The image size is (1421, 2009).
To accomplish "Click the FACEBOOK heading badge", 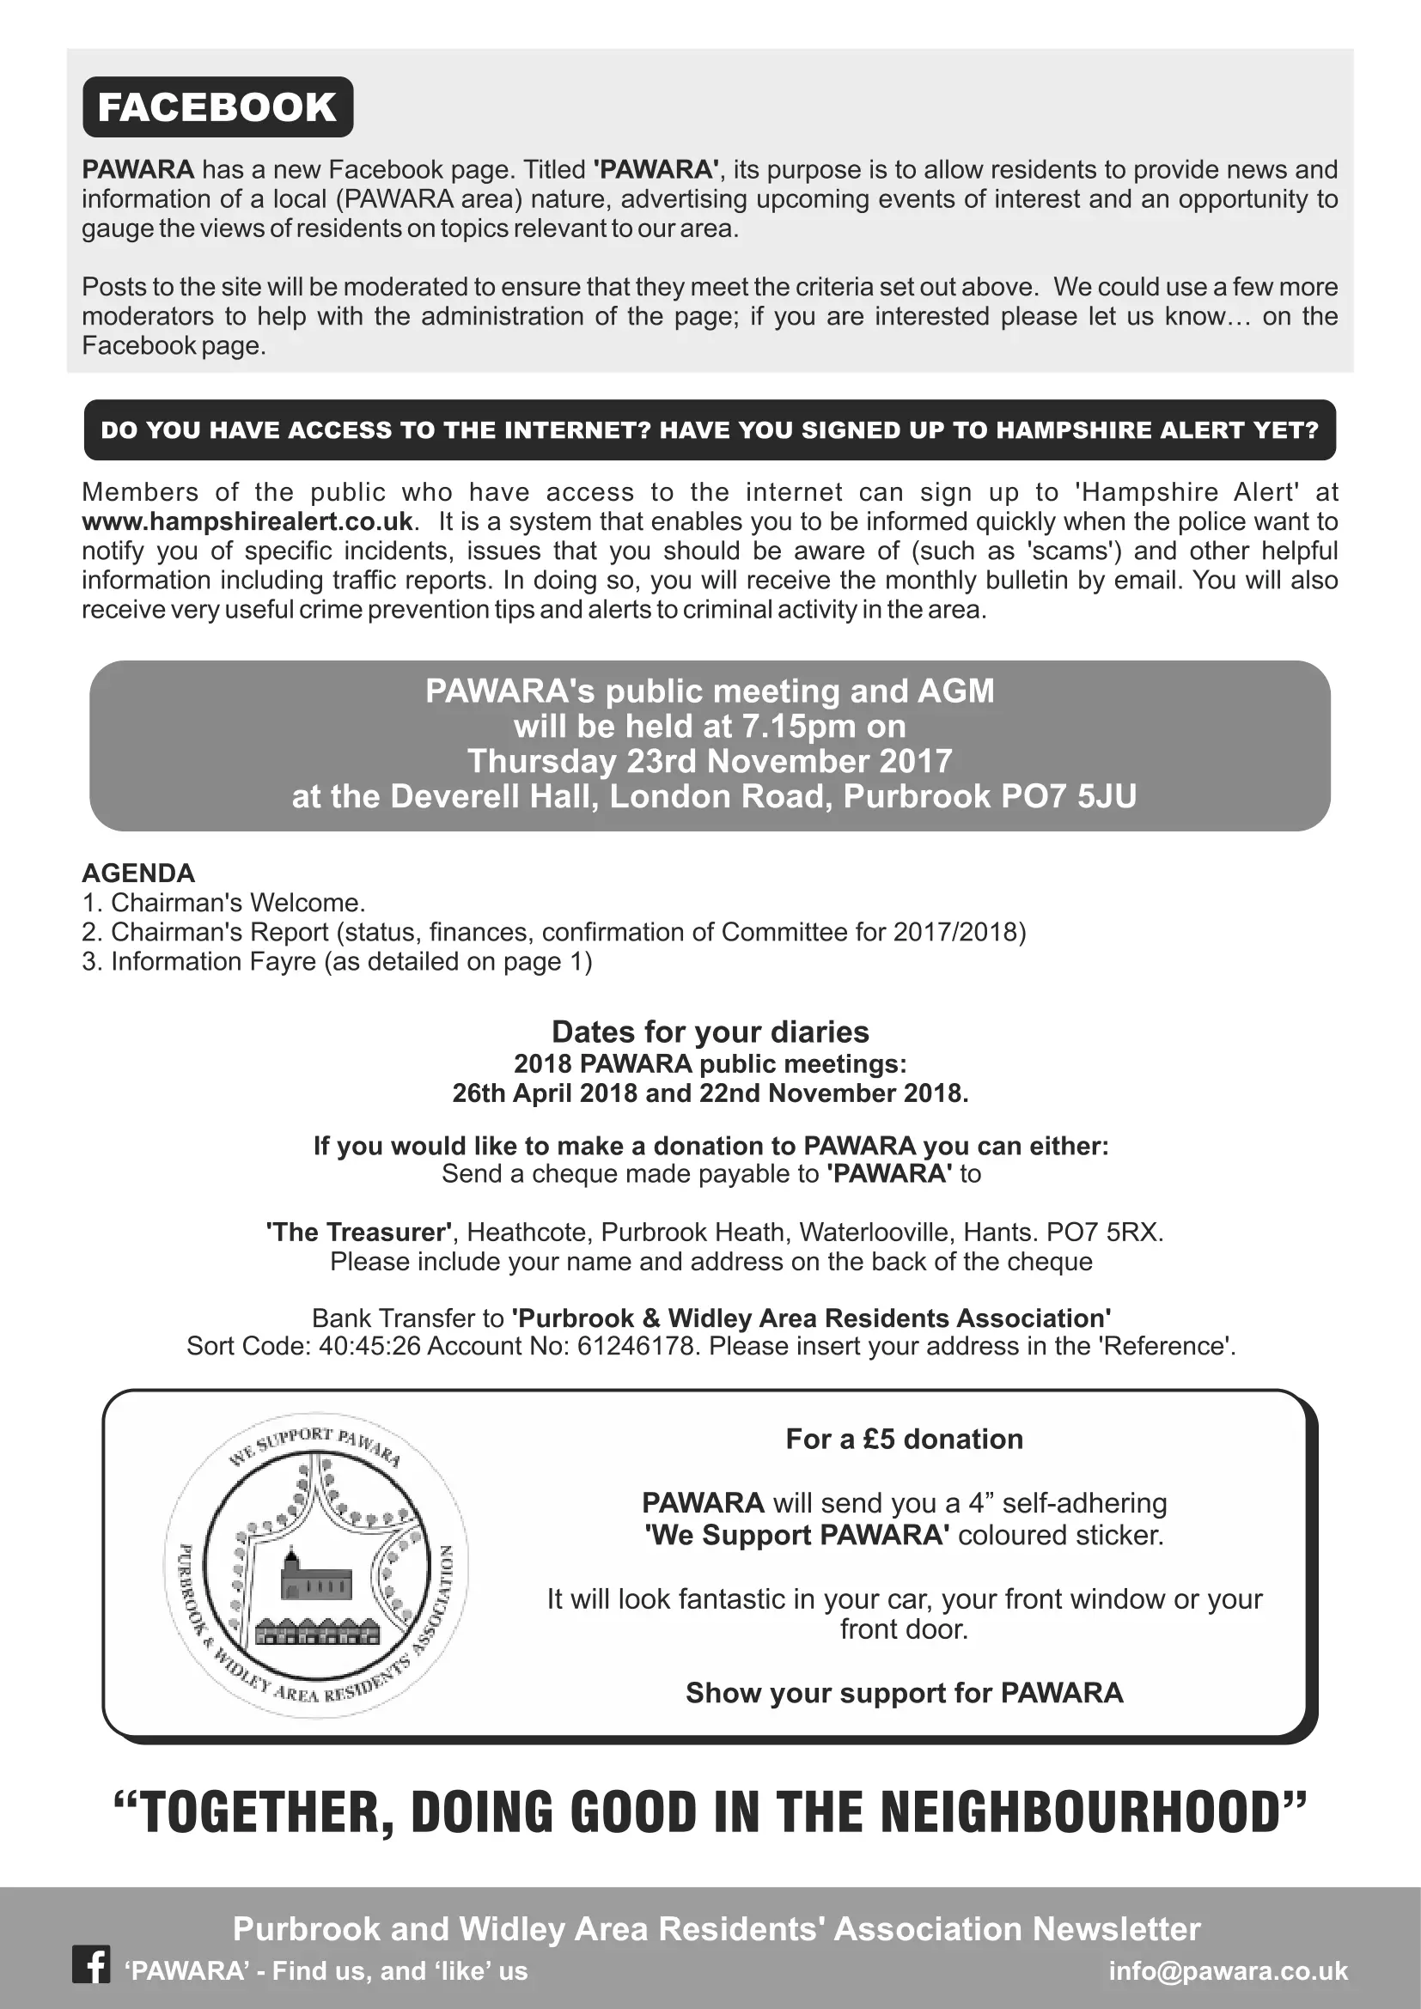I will pos(217,107).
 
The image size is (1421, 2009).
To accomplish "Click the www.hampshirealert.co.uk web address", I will pos(247,521).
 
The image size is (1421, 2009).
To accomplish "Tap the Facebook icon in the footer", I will pos(90,1965).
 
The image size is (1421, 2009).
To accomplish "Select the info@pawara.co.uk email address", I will pos(1228,1970).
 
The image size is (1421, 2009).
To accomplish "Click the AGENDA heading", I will pos(138,874).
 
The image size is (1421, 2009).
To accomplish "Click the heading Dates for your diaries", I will pos(710,1032).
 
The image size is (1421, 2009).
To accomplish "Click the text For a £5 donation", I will pos(904,1440).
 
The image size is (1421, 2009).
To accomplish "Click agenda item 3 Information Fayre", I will pos(337,962).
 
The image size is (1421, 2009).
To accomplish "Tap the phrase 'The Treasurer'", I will pos(359,1232).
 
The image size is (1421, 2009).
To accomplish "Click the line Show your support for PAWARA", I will pos(904,1693).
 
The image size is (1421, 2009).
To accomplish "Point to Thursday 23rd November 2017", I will pos(710,761).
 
